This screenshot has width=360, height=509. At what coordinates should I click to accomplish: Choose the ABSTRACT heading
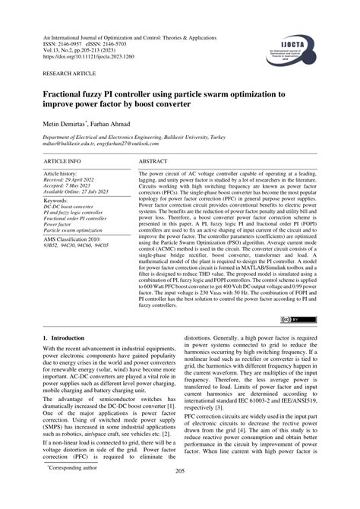tap(153, 162)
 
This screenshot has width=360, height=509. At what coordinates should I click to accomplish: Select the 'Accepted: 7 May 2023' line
tap(71, 186)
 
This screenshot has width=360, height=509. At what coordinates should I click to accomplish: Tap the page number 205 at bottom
tap(180, 492)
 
